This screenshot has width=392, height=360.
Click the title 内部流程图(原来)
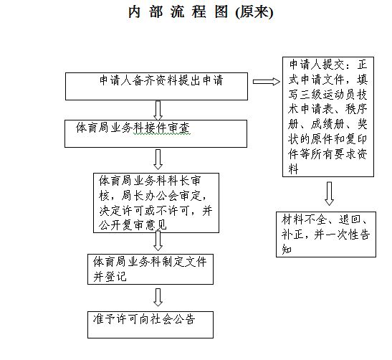pyautogui.click(x=201, y=12)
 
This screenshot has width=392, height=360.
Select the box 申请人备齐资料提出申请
pyautogui.click(x=156, y=86)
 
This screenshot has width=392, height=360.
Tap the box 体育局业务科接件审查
pyautogui.click(x=156, y=133)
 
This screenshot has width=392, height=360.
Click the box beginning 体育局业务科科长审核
pyautogui.click(x=156, y=203)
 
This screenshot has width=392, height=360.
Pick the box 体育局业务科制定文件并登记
pyautogui.click(x=150, y=269)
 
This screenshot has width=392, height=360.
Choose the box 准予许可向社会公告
pyautogui.click(x=150, y=325)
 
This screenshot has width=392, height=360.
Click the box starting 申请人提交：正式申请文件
pyautogui.click(x=328, y=117)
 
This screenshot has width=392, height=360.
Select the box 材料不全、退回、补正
pyautogui.click(x=326, y=235)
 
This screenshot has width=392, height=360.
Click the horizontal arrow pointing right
pyautogui.click(x=267, y=82)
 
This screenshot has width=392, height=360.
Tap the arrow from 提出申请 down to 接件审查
pyautogui.click(x=158, y=110)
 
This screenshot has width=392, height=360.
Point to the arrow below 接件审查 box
pyautogui.click(x=158, y=160)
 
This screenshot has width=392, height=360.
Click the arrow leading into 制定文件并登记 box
pyautogui.click(x=158, y=241)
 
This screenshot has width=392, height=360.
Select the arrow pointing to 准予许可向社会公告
pyautogui.click(x=158, y=297)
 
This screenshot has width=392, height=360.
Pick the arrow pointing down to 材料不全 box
pyautogui.click(x=329, y=194)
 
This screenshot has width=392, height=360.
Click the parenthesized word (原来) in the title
pyautogui.click(x=254, y=12)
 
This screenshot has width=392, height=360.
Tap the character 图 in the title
pyautogui.click(x=221, y=11)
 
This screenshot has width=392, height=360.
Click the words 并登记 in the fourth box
pyautogui.click(x=110, y=277)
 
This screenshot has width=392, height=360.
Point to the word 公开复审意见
pyautogui.click(x=133, y=225)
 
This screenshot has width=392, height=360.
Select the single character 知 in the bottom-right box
pyautogui.click(x=287, y=249)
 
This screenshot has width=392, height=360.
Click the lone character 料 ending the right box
pyautogui.click(x=293, y=169)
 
